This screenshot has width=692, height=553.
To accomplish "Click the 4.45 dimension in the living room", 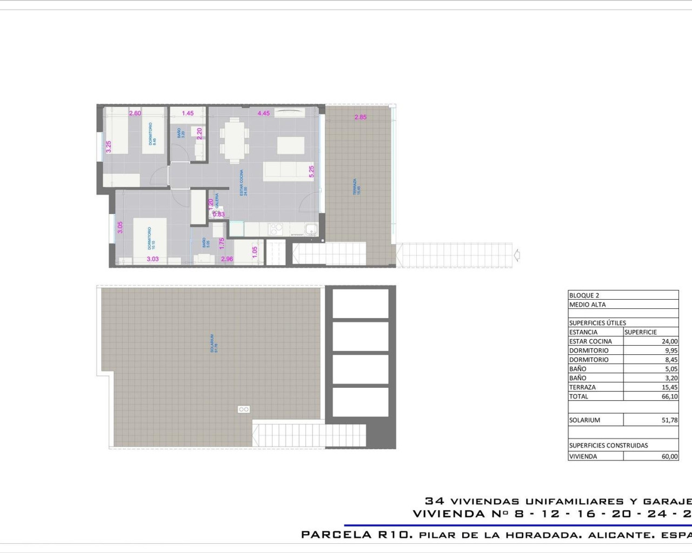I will pos(263,113).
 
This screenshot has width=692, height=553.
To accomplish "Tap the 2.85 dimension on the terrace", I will pos(361,117).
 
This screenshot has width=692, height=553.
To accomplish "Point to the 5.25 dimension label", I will pos(311,172).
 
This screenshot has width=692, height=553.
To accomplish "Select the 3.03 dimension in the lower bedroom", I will pos(153,259).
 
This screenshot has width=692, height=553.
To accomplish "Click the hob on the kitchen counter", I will pos(276,229).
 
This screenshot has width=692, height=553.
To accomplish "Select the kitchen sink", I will pos(311,230).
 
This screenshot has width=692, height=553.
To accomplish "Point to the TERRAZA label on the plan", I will pos(355,186).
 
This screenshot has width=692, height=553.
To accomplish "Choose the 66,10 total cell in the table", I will pos(669,396).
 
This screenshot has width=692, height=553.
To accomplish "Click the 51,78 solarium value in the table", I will pos(669,420).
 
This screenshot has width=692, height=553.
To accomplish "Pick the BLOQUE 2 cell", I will pos(584,295).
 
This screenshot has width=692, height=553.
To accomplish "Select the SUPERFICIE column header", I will pos(641,332).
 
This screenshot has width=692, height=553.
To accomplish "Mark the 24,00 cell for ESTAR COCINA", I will pos(669,341).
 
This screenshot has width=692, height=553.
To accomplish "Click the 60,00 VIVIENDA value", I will pos(669,456).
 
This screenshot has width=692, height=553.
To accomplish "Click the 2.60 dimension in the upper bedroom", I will pos(135,113).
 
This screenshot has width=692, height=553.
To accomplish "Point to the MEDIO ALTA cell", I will pos(588,305).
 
